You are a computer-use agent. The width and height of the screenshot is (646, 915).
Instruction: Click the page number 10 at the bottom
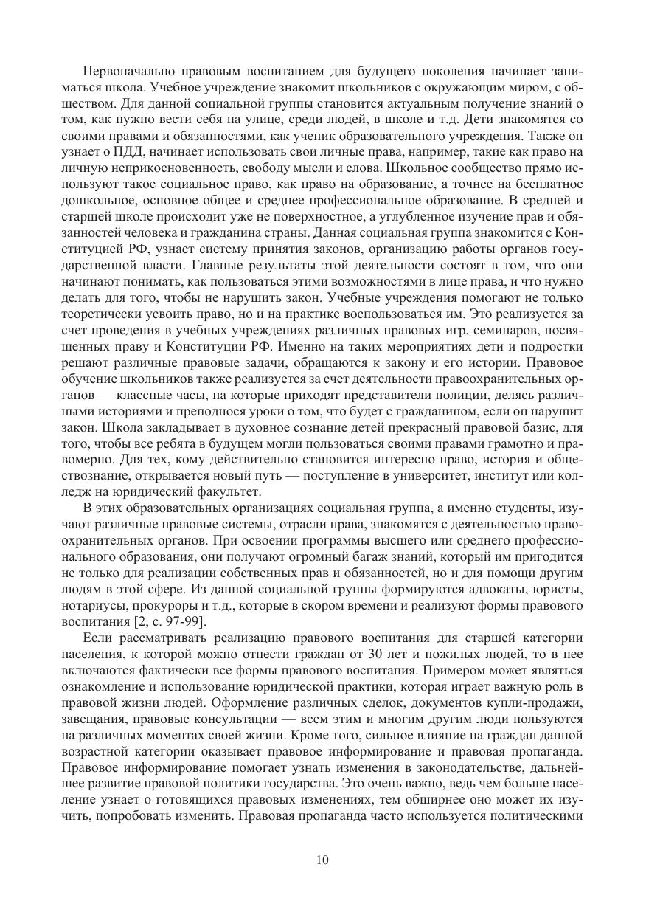(322, 860)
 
